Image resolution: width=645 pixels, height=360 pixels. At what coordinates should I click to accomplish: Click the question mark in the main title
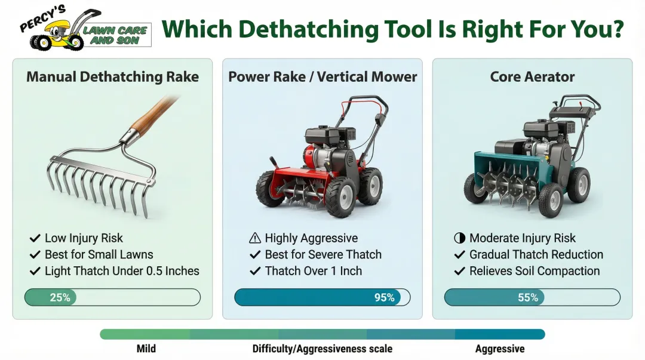[x=616, y=29]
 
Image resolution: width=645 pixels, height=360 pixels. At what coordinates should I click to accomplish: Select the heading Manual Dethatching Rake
[x=112, y=77]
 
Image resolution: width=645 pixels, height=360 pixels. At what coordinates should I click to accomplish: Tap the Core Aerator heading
[x=532, y=77]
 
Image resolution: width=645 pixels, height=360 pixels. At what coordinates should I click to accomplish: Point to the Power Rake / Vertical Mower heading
[x=322, y=77]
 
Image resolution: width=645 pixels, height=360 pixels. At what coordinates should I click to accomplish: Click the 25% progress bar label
[x=60, y=297]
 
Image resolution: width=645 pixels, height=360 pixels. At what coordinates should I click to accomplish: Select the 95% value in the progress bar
[x=384, y=297]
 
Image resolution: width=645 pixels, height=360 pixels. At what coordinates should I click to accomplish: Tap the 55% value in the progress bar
[x=528, y=297]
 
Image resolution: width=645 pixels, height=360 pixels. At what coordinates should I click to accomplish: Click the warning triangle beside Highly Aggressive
[x=255, y=238]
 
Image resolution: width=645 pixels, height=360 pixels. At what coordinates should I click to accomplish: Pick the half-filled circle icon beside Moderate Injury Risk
[x=459, y=238]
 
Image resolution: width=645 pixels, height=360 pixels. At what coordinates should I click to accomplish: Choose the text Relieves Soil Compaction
[x=535, y=271]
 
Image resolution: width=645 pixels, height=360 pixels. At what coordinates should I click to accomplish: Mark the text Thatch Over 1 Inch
[x=314, y=271]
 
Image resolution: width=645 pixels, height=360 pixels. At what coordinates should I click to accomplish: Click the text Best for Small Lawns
[x=99, y=254]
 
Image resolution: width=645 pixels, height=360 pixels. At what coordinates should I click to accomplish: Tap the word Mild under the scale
[x=146, y=349]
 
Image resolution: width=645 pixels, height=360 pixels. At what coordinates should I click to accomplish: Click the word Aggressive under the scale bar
[x=500, y=349]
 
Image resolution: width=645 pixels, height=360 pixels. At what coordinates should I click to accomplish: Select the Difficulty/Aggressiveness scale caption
[x=322, y=349]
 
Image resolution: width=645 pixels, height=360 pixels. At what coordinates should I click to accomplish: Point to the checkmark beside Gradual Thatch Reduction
[x=459, y=255]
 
